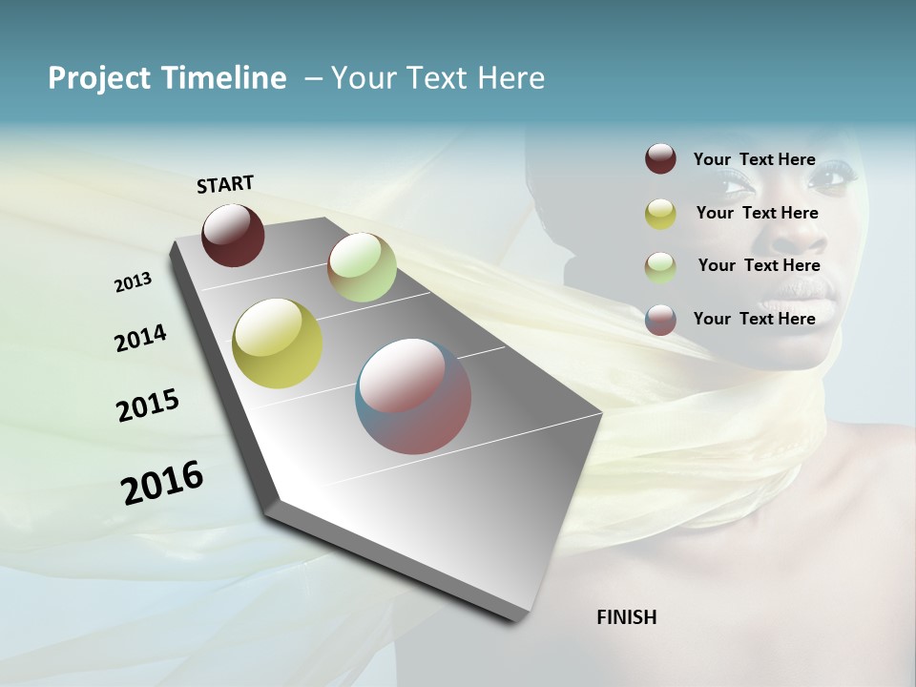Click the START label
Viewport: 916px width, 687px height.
(x=225, y=184)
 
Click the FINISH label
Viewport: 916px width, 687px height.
(x=626, y=617)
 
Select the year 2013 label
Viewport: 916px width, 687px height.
(x=133, y=282)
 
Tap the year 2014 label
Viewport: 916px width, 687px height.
(x=140, y=338)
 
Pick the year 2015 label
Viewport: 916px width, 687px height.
(x=147, y=406)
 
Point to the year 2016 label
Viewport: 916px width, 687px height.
(x=162, y=482)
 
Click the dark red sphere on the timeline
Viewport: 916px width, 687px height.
(x=233, y=235)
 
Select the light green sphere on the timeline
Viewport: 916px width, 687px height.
(x=362, y=266)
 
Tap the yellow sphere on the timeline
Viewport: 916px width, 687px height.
(x=277, y=343)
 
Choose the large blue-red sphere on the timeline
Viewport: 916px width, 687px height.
(x=413, y=396)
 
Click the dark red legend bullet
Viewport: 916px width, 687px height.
(x=660, y=159)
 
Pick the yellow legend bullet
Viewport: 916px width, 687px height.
(x=660, y=214)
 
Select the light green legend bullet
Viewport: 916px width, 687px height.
(x=660, y=267)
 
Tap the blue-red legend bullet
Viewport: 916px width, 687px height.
(x=660, y=320)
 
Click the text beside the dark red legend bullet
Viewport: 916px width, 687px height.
(x=754, y=159)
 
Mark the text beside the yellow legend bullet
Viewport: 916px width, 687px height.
(x=757, y=213)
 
